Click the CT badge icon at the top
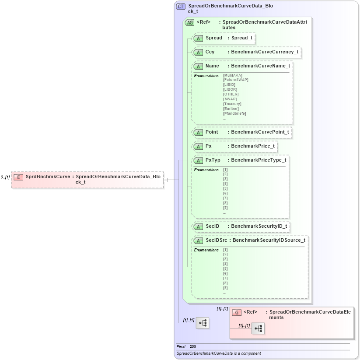(181, 7)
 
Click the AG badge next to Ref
(190, 22)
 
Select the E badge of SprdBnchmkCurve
(18, 177)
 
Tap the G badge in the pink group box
(237, 312)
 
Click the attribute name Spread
(214, 38)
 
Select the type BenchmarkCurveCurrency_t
(265, 52)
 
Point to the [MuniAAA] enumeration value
(233, 75)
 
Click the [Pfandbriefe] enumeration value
(234, 113)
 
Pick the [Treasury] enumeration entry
(232, 104)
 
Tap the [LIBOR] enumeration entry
(230, 89)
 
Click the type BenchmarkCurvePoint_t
(260, 132)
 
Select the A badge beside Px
(198, 146)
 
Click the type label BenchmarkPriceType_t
(259, 160)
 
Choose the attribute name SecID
(212, 226)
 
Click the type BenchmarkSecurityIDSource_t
(269, 240)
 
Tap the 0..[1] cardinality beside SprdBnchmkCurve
(5, 177)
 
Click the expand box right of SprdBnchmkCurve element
(165, 180)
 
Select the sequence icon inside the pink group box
(258, 328)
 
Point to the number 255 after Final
(193, 346)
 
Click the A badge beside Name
(198, 66)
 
